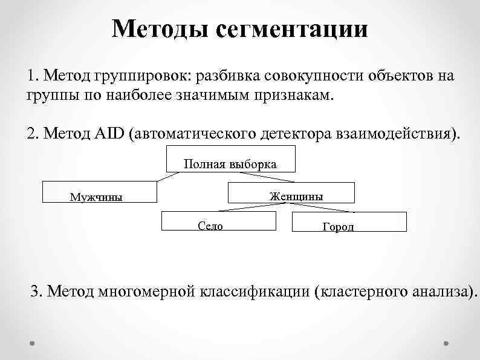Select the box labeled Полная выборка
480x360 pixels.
tap(230, 159)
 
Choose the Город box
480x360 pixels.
tap(349, 222)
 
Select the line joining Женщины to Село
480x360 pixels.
tap(248, 207)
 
